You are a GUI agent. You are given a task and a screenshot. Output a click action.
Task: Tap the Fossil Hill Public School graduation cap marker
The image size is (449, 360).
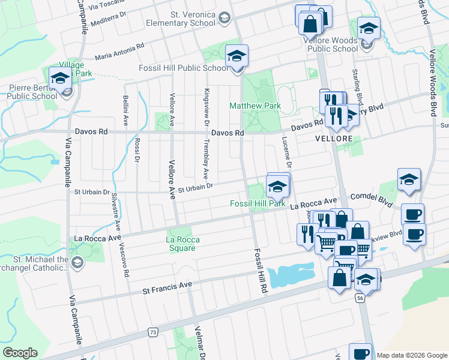tap(237, 58)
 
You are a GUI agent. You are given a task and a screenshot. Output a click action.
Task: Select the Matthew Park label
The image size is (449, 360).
tap(255, 106)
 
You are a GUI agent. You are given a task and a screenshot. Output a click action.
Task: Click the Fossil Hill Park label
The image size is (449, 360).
tap(258, 203)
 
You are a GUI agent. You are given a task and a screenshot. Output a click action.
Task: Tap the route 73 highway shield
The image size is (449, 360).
tap(153, 332)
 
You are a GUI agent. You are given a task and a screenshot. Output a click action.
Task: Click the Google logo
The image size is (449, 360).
tap(20, 353)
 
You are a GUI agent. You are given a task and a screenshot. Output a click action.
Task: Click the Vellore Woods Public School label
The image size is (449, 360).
tap(336, 45)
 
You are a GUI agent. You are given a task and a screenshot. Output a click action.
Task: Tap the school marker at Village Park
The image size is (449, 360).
tap(61, 79)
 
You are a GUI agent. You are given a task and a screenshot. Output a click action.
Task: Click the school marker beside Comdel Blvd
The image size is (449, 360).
tap(409, 179)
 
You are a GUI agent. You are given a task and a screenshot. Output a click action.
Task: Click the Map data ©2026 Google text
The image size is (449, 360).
tap(411, 355)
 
